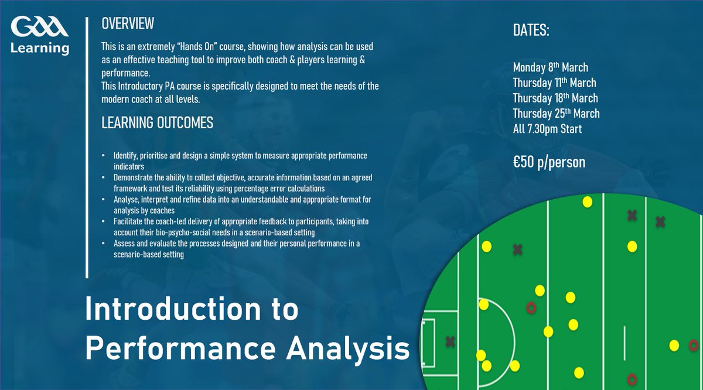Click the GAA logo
click(39, 28)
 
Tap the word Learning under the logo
click(39, 47)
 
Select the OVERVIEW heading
click(128, 23)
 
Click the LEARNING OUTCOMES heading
click(157, 123)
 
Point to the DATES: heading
click(531, 31)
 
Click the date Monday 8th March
click(550, 67)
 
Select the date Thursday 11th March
click(554, 83)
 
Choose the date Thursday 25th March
click(556, 113)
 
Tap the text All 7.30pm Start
click(547, 129)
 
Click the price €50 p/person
click(549, 162)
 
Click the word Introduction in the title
click(191, 310)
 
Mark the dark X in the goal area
click(450, 341)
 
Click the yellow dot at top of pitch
click(587, 202)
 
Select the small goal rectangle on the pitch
click(428, 341)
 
